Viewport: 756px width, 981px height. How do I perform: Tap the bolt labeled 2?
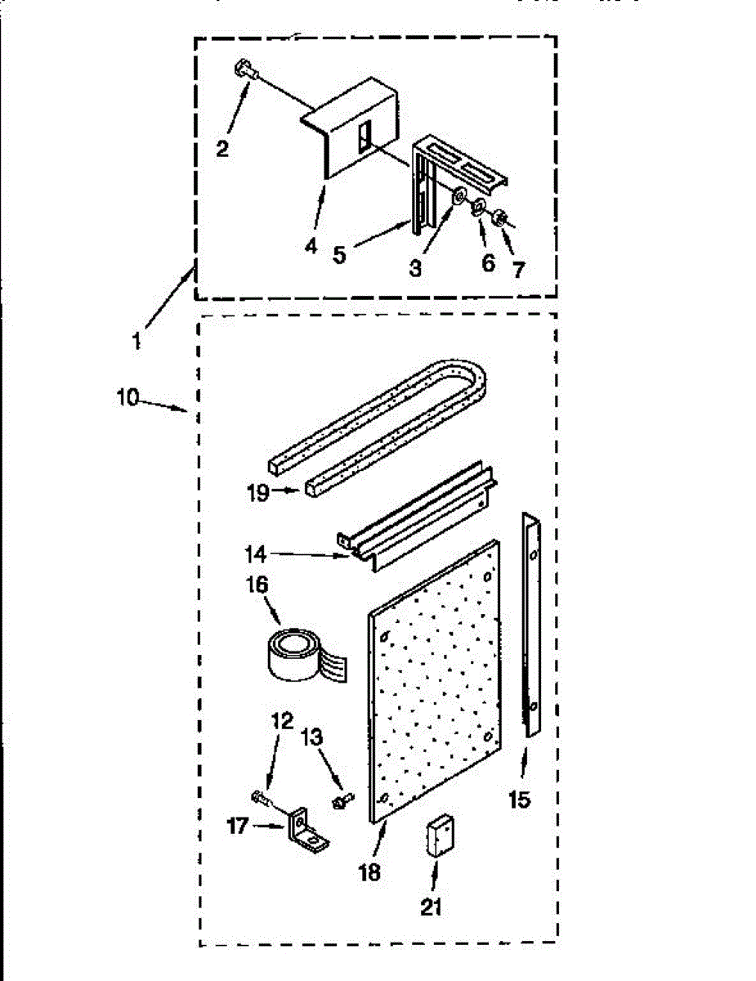245,70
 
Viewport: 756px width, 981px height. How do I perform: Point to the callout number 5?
339,253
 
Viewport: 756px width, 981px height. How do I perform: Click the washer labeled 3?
459,197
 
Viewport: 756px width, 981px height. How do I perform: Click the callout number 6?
488,263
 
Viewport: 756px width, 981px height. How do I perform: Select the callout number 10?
129,400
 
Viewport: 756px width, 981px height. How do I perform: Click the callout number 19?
257,494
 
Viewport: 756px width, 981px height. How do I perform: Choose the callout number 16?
258,587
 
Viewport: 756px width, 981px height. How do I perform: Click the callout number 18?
369,871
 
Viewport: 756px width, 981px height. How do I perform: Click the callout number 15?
518,799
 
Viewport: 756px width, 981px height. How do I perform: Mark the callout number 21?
432,908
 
